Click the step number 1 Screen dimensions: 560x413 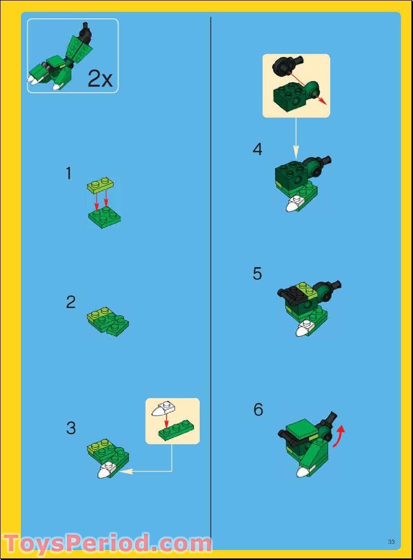coord(69,173)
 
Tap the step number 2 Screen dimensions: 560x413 coord(71,302)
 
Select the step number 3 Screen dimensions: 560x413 coord(71,428)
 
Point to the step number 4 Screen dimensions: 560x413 coord(257,149)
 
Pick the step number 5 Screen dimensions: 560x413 coord(257,274)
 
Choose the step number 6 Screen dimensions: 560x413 coord(258,409)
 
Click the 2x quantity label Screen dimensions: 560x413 coord(100,79)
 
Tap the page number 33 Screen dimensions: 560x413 coord(391,541)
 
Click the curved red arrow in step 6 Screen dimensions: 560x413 coord(341,436)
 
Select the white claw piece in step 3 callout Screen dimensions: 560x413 coord(162,409)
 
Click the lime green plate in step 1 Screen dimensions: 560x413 coord(101,184)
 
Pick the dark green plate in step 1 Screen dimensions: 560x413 coord(104,217)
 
